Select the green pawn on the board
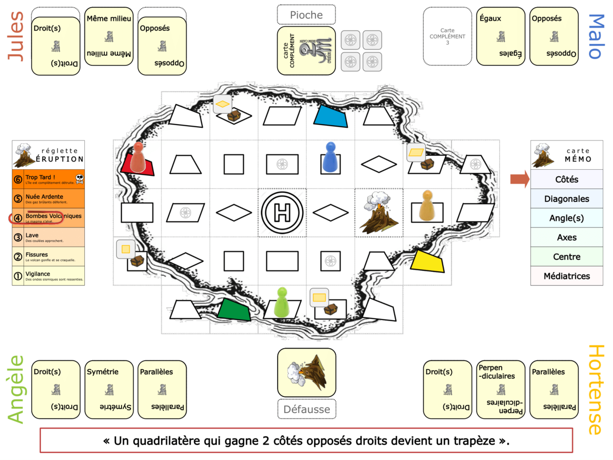pyautogui.click(x=282, y=303)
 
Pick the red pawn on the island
pyautogui.click(x=139, y=157)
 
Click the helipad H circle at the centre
pyautogui.click(x=282, y=212)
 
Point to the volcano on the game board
pyautogui.click(x=379, y=213)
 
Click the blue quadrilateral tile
pyautogui.click(x=331, y=116)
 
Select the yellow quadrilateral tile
pyautogui.click(x=428, y=261)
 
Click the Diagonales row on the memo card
pyautogui.click(x=566, y=199)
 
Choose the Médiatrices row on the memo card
pyautogui.click(x=566, y=276)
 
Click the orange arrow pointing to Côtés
pyautogui.click(x=519, y=179)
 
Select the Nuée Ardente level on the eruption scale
pyautogui.click(x=49, y=198)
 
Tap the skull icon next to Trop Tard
pyautogui.click(x=79, y=179)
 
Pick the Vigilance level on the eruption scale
pyautogui.click(x=49, y=275)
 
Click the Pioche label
pyautogui.click(x=306, y=15)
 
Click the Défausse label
pyautogui.click(x=306, y=408)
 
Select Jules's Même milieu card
pyautogui.click(x=109, y=36)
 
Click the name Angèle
pyautogui.click(x=17, y=389)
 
